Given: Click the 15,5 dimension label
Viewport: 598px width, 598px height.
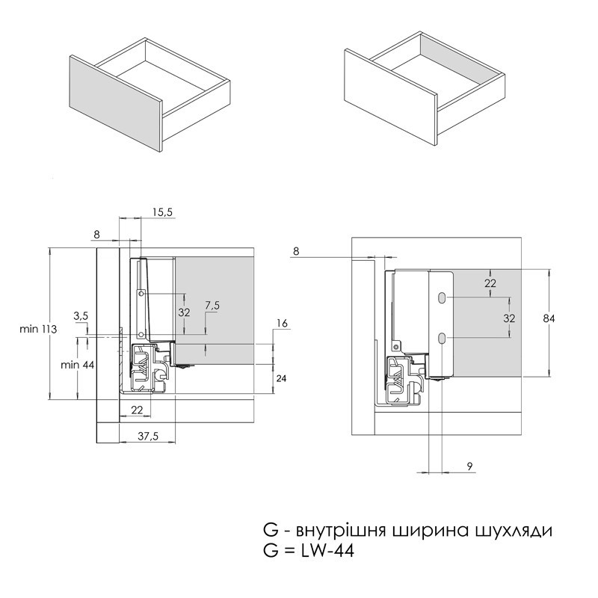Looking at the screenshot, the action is point(163,212).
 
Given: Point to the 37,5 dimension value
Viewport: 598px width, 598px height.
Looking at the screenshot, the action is point(148,436).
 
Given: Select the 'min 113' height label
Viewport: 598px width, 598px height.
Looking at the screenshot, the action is point(38,329).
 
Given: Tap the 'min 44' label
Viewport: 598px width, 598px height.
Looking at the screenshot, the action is point(78,365).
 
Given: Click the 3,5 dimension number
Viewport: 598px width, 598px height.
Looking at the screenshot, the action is point(81,315).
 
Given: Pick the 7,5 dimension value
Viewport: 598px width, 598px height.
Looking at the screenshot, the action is point(212,306).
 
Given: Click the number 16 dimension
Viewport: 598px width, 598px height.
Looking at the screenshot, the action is point(283,324).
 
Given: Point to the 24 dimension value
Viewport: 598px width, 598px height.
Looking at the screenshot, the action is point(281,378).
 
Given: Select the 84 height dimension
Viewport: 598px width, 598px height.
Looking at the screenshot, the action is point(549,318).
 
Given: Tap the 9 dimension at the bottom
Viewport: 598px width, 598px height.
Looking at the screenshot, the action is point(470,466).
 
